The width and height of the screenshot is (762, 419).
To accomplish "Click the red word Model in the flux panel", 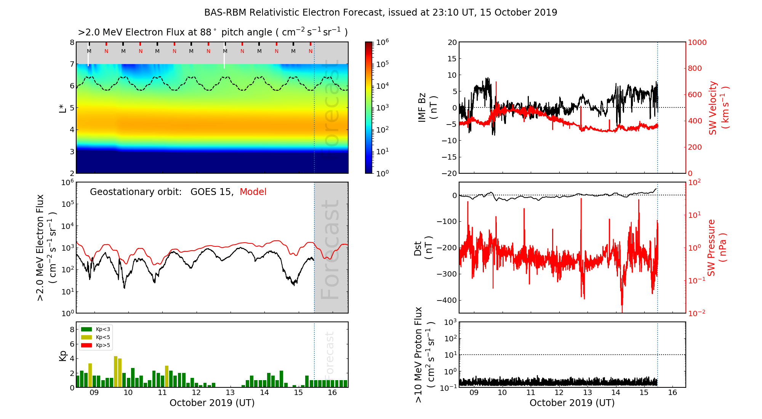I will click(253, 192).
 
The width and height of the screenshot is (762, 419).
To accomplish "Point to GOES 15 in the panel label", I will click(211, 192).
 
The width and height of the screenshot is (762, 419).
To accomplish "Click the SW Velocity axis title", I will click(719, 107).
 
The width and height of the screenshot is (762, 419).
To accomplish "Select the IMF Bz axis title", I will click(427, 107).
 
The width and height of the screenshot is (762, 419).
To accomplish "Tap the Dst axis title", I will click(423, 248).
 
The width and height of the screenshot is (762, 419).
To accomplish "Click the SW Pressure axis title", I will click(717, 248).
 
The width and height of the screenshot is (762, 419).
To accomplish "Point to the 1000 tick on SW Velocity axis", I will click(697, 42).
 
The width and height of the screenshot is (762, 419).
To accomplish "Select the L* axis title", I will click(63, 107).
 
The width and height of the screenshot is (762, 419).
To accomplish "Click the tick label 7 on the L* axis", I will click(72, 64).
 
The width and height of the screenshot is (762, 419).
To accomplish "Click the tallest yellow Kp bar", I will click(115, 372).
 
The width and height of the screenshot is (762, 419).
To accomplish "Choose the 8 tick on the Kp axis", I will click(72, 329).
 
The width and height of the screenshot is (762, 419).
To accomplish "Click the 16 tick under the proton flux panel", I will click(672, 393).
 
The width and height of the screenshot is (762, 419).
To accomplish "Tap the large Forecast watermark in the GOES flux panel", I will click(330, 249).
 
